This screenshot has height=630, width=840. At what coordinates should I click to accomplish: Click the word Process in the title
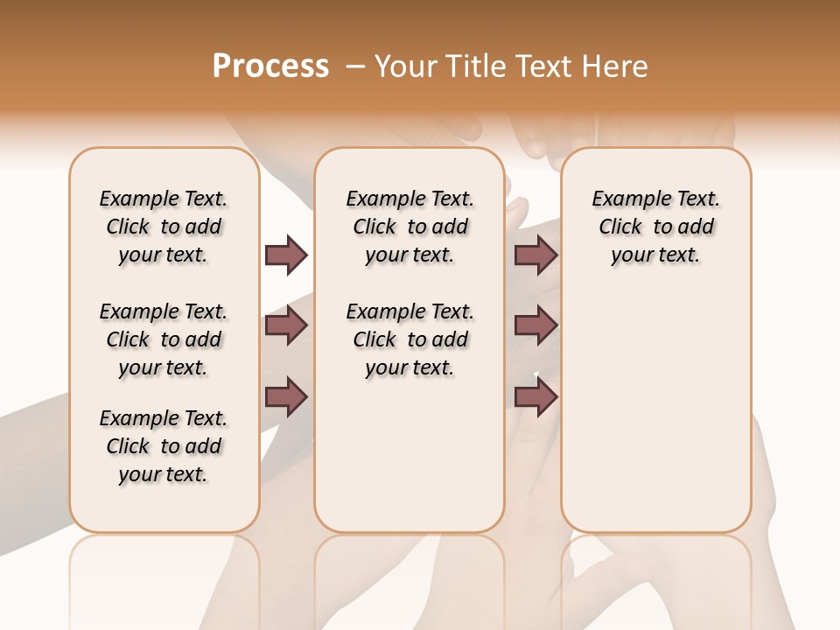(x=270, y=66)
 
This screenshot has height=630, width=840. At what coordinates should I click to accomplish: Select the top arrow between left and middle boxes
(x=286, y=255)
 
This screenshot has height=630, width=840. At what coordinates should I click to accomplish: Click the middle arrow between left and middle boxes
(x=286, y=325)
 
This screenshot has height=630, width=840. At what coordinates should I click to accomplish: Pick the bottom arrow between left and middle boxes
(x=286, y=396)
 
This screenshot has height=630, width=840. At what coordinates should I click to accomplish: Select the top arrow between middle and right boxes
(x=535, y=255)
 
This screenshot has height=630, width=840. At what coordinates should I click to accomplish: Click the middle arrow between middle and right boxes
(x=535, y=325)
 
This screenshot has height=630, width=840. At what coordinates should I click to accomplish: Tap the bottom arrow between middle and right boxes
(x=535, y=396)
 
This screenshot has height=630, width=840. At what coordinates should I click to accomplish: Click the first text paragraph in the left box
(x=164, y=227)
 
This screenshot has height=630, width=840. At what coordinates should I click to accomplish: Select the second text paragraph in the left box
(x=164, y=339)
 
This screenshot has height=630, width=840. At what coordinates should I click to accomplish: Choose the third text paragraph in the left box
(x=164, y=446)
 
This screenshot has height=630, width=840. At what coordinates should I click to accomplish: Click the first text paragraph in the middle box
(x=409, y=227)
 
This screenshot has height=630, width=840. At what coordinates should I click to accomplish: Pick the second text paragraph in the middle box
(x=409, y=339)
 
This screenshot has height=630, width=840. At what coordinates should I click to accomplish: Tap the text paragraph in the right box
(x=655, y=227)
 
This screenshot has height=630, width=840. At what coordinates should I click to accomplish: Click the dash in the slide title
(x=354, y=66)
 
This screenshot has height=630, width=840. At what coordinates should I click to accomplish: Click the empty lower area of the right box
(x=655, y=420)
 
